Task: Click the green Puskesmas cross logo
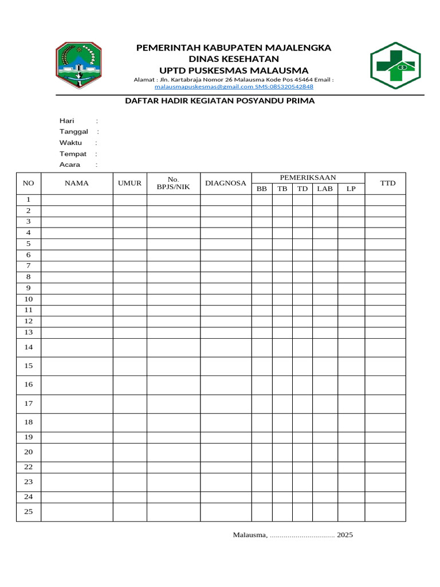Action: pos(395,65)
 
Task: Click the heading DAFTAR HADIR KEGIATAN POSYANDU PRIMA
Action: pos(220,101)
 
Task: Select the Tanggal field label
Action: pos(74,131)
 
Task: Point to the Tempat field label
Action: pos(73,154)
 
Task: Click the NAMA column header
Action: pos(76,183)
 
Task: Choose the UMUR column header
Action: pos(129,183)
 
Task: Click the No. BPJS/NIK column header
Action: pos(173,183)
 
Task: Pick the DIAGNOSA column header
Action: pos(226,183)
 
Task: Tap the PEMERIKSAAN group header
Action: pos(308,178)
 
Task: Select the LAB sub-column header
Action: pos(325,189)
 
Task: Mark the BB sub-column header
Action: pos(262,189)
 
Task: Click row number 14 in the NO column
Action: pos(29,347)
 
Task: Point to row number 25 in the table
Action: pos(29,511)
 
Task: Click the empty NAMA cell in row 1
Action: pos(76,199)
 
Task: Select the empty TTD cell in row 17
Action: pos(385,404)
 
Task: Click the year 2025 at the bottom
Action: pos(345,535)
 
